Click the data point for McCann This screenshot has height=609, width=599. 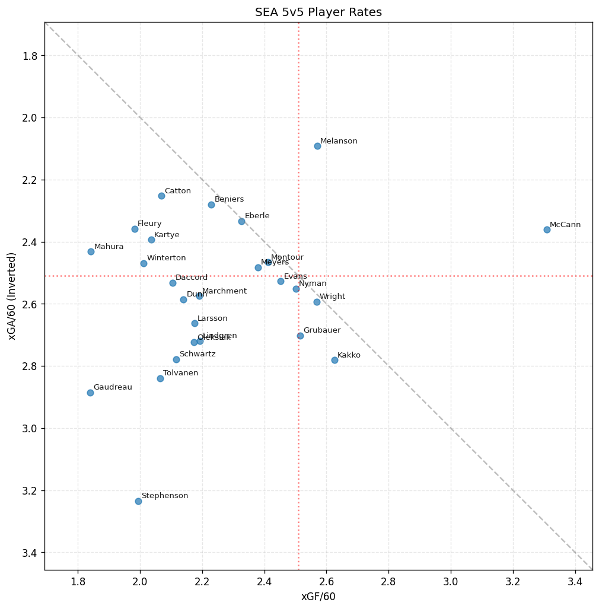[547, 229]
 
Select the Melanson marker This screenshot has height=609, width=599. [317, 146]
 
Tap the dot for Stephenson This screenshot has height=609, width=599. [138, 501]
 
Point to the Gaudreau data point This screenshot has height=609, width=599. [90, 393]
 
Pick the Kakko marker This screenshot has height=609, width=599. [334, 360]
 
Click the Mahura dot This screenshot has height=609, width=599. [91, 251]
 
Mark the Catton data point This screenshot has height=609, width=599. [161, 196]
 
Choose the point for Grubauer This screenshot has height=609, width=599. [300, 336]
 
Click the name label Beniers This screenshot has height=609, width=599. [229, 199]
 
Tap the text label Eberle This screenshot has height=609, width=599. [257, 216]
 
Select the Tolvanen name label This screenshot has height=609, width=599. [180, 373]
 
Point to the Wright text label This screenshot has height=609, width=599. [332, 296]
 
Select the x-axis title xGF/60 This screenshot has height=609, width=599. [318, 597]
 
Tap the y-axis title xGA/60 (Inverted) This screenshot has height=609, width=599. [12, 296]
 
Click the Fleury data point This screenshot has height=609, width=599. [135, 229]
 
